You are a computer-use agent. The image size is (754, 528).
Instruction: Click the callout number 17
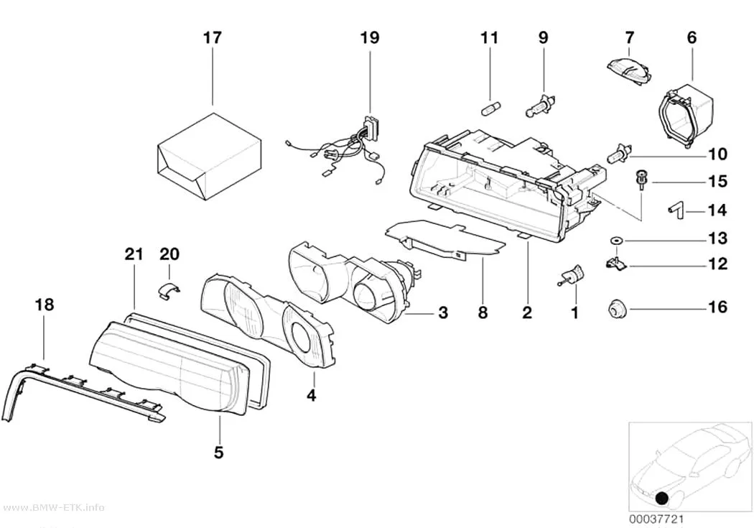pos(212,37)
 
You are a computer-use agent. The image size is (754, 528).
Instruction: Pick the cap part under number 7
pos(629,71)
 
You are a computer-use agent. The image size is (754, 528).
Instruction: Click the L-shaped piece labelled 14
pos(676,210)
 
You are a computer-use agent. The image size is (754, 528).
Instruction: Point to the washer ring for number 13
pos(615,239)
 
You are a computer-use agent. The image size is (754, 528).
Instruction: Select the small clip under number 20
pos(169,290)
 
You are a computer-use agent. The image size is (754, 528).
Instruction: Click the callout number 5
pos(218,452)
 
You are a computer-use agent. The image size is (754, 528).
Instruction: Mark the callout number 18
pos(45,305)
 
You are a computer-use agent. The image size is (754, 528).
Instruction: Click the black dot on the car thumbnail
pos(662,498)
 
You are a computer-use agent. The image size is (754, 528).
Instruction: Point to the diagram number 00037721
pos(656,519)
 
